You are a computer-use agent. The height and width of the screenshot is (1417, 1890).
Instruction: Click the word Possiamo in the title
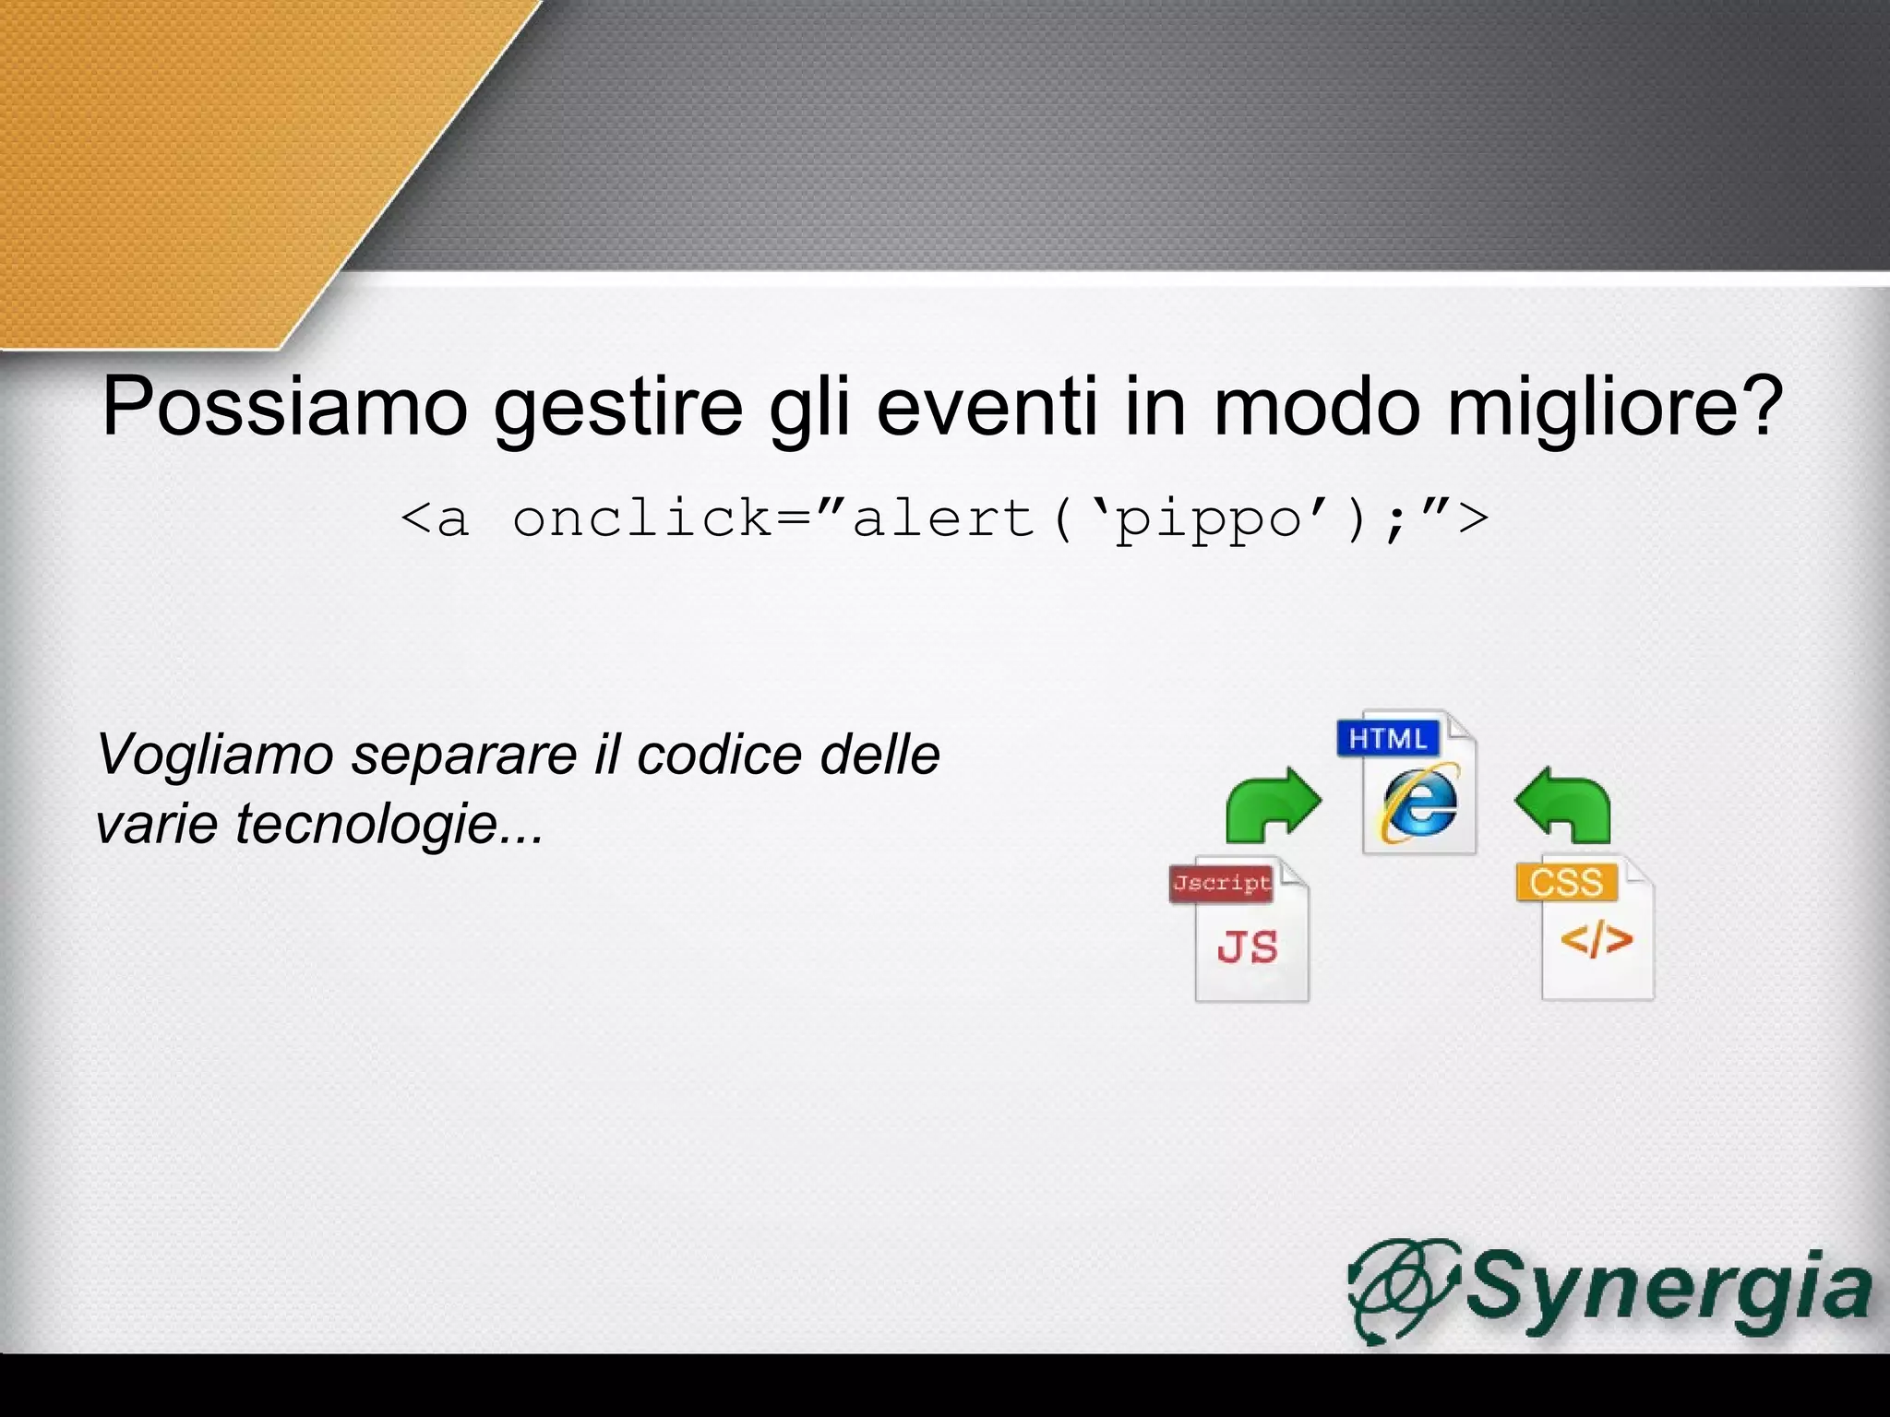(x=284, y=407)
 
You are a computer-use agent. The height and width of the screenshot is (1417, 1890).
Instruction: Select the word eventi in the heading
(x=987, y=407)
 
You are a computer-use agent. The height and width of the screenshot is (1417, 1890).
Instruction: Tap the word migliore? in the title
(x=1614, y=407)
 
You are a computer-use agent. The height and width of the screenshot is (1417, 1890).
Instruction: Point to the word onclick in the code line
(x=642, y=518)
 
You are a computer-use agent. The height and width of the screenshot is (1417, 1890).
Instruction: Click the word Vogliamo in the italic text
(x=214, y=756)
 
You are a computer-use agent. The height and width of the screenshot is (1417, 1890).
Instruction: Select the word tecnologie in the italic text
(x=365, y=823)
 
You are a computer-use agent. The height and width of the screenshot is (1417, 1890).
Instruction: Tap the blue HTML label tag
(x=1387, y=738)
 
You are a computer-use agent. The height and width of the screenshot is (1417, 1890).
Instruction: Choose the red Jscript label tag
(x=1221, y=884)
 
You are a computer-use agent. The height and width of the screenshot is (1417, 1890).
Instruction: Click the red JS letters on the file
(x=1248, y=947)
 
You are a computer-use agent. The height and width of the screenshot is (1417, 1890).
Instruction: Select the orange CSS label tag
(x=1566, y=882)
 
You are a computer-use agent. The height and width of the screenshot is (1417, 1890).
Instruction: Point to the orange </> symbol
(x=1597, y=940)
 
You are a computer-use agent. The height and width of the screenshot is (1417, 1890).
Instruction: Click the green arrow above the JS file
(x=1272, y=804)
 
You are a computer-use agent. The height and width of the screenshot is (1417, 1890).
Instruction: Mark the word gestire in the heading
(x=618, y=407)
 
